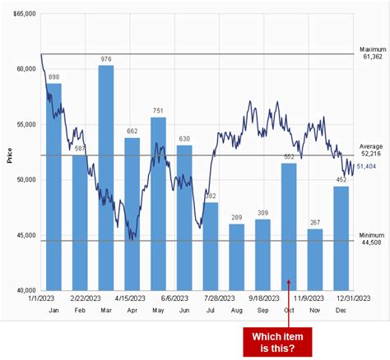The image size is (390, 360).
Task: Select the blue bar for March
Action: coord(105,178)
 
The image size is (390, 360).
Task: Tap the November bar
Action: coord(315,259)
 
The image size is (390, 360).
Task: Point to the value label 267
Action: coord(315,222)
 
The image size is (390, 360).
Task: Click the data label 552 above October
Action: coord(289,156)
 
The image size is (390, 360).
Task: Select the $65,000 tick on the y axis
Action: coord(25,15)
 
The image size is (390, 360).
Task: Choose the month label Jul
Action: coord(210,311)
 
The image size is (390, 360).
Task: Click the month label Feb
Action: coord(79,311)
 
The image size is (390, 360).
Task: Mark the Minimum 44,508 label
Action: coord(372,238)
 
